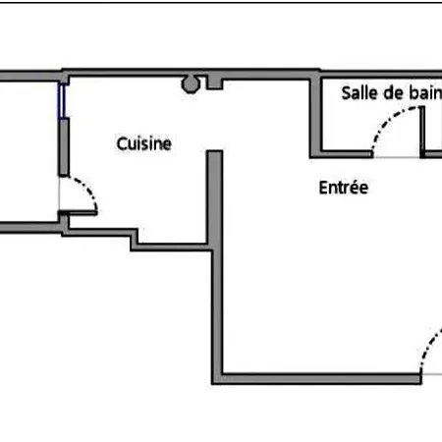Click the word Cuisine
click(144, 143)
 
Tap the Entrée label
click(344, 188)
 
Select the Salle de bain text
click(392, 93)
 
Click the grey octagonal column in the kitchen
click(191, 84)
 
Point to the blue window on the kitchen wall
click(62, 100)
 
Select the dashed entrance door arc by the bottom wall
click(429, 348)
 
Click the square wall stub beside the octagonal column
click(214, 83)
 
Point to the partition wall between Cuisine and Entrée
click(215, 197)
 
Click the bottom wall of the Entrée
click(316, 378)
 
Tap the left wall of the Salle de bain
click(315, 115)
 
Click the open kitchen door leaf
click(78, 213)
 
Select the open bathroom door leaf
click(422, 130)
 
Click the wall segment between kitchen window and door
click(64, 147)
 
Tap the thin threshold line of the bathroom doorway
click(397, 157)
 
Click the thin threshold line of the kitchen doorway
click(59, 193)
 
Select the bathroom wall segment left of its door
click(347, 154)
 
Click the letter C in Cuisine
click(122, 143)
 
